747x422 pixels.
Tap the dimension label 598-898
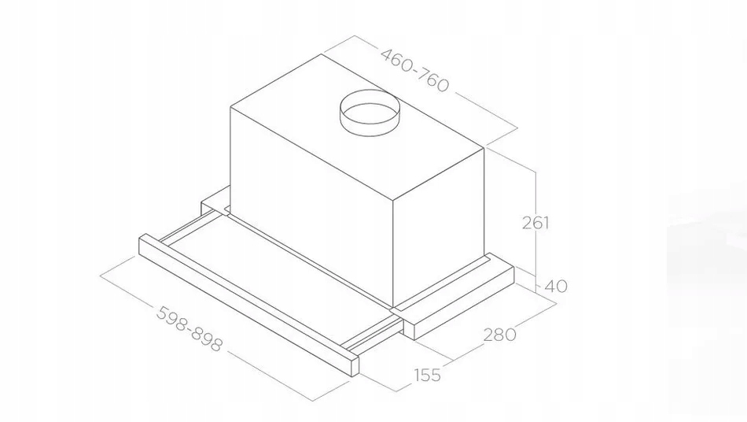point(190,328)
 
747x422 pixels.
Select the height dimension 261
point(535,223)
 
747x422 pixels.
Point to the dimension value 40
point(555,286)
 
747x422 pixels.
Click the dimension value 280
point(500,335)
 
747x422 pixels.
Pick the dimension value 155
point(427,375)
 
